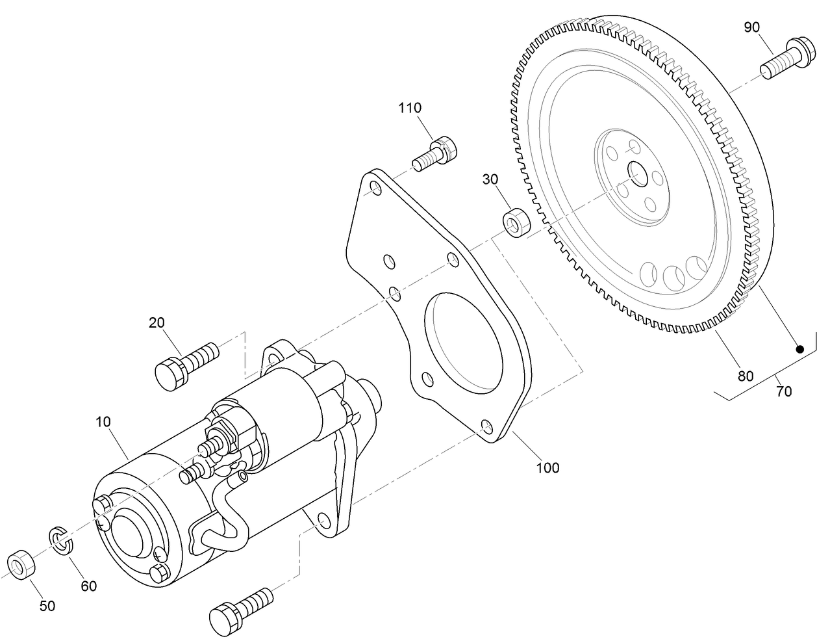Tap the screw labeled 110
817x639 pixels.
[x=434, y=153]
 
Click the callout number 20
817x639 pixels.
[x=157, y=322]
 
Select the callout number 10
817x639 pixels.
[x=103, y=422]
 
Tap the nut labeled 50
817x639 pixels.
[x=19, y=565]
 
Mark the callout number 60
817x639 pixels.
[x=88, y=586]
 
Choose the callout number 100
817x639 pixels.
[x=547, y=467]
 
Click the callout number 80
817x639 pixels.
[x=745, y=376]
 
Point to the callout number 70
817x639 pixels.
[x=784, y=391]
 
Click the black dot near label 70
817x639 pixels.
[x=800, y=349]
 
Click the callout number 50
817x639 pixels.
[x=47, y=606]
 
